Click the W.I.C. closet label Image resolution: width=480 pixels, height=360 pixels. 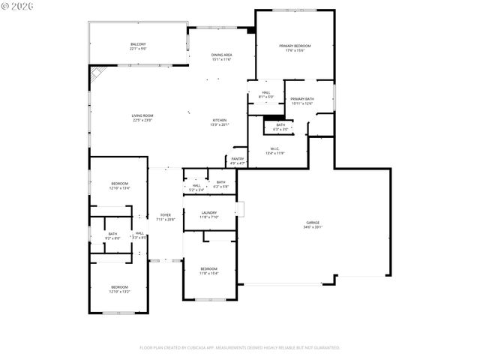point(274,150)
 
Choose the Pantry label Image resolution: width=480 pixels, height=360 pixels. point(238,160)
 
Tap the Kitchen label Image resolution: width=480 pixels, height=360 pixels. point(220,122)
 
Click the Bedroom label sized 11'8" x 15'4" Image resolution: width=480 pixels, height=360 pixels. point(208,271)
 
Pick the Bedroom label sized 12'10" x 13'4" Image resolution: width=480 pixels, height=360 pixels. point(120,186)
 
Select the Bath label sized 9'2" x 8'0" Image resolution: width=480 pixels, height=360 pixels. point(112,235)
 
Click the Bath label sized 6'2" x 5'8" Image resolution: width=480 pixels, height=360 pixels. point(220,184)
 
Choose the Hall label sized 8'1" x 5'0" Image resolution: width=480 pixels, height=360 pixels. point(266,94)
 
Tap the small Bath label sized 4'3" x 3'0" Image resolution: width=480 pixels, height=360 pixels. point(280,127)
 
